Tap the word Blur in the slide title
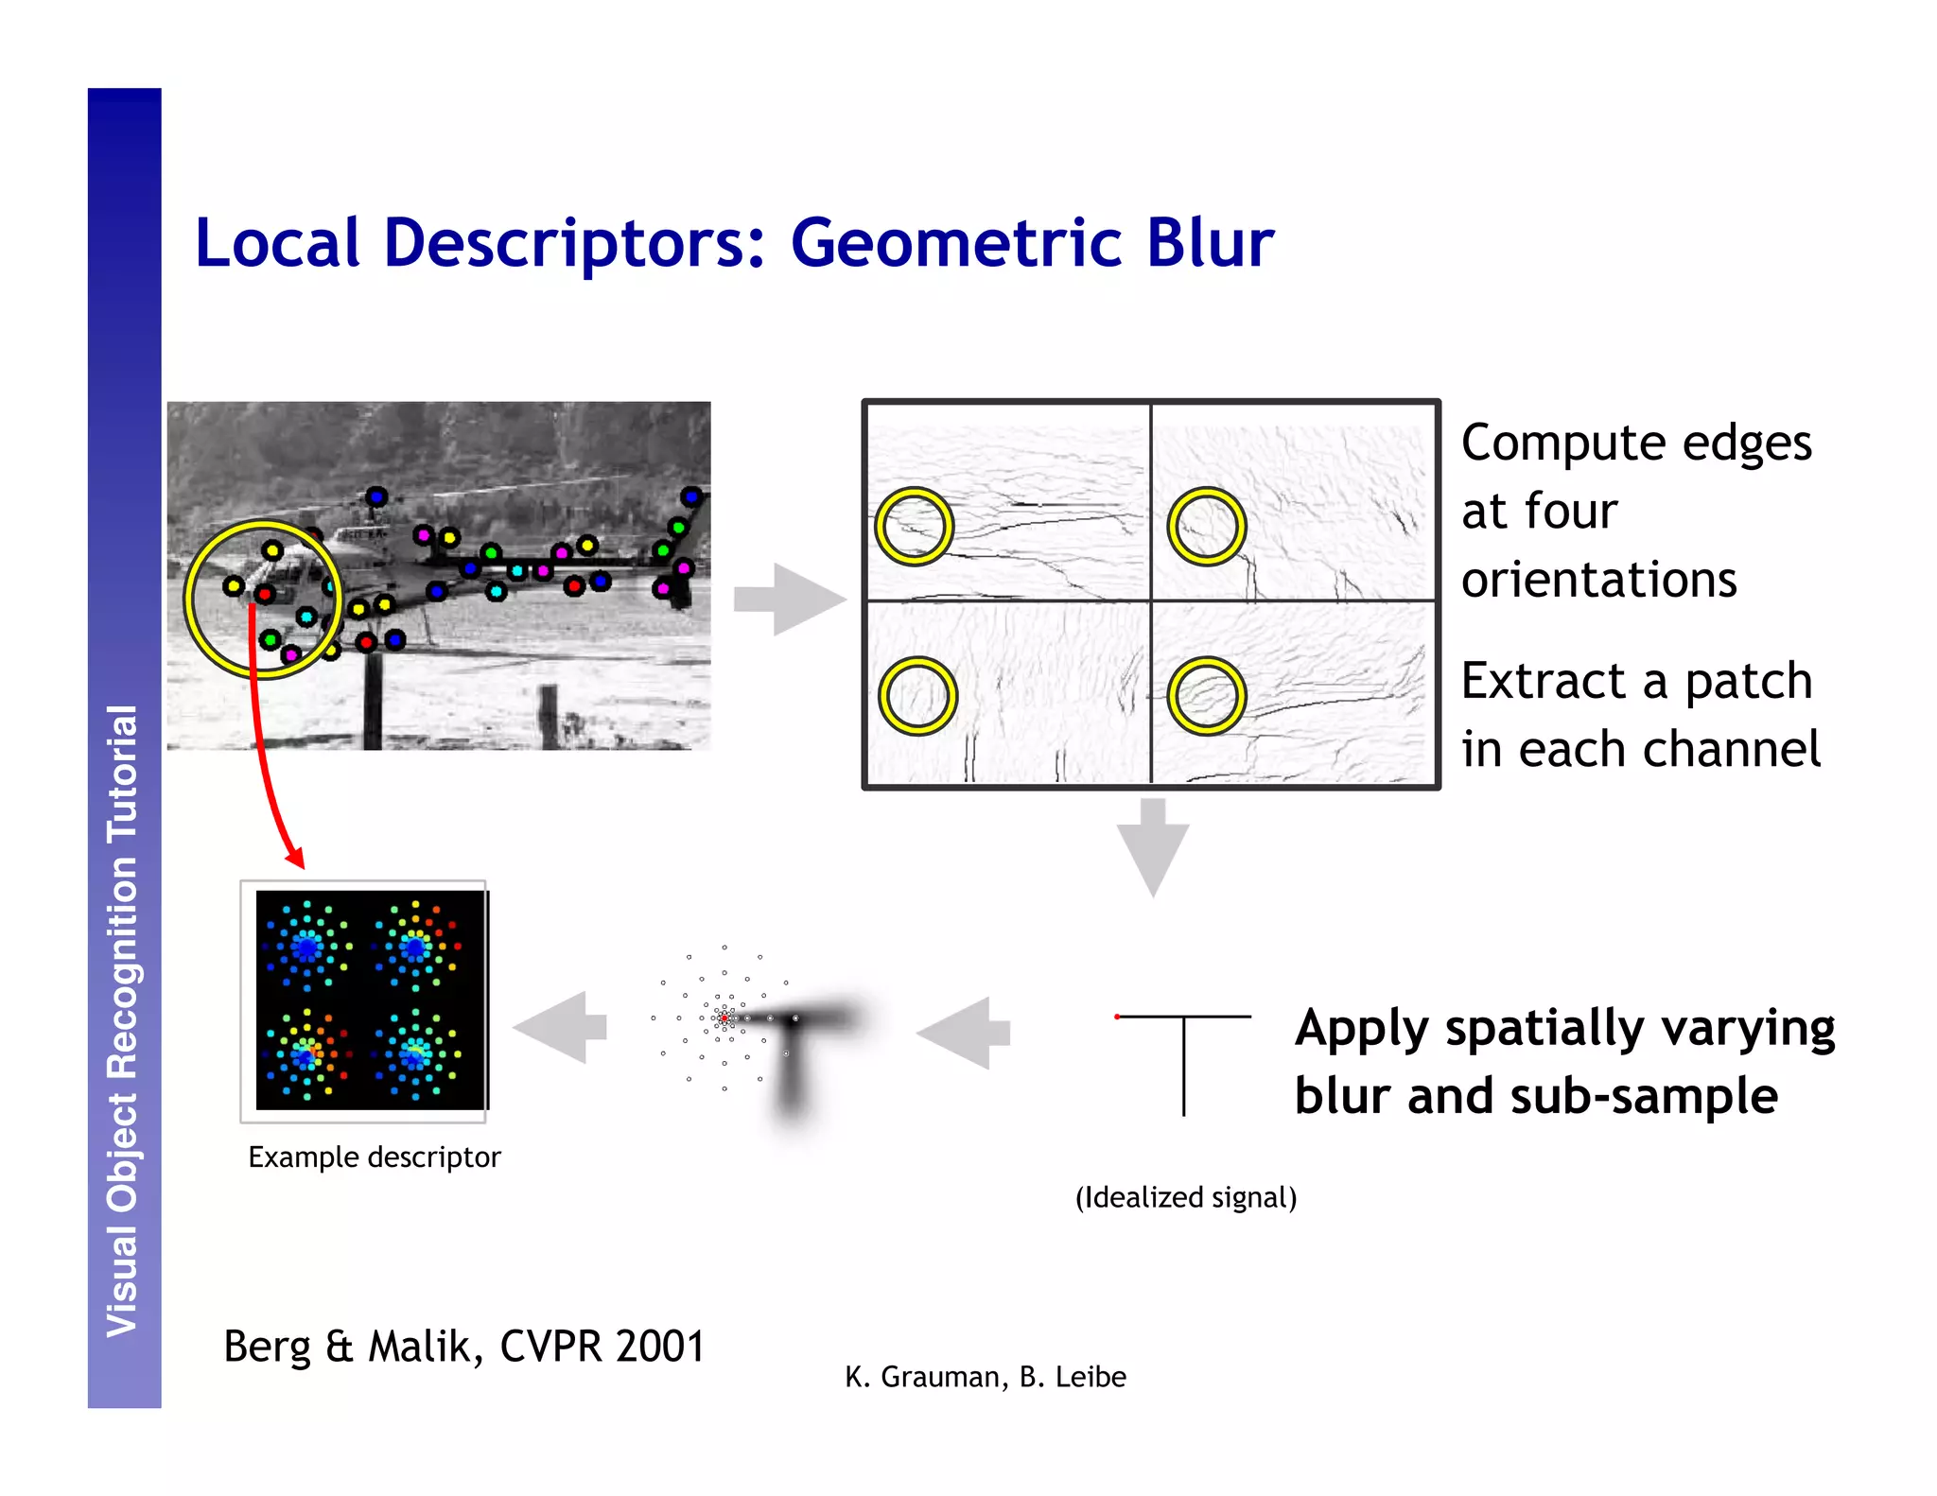(1210, 244)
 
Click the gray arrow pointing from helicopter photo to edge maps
(789, 599)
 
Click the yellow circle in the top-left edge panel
(914, 527)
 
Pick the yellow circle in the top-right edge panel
(1206, 527)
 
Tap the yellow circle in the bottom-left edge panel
(917, 696)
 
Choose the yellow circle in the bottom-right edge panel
(1206, 696)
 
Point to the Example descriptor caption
(374, 1157)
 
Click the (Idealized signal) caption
(1185, 1197)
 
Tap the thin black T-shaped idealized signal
(1183, 1050)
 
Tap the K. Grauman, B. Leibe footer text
(985, 1377)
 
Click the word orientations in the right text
(1598, 580)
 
